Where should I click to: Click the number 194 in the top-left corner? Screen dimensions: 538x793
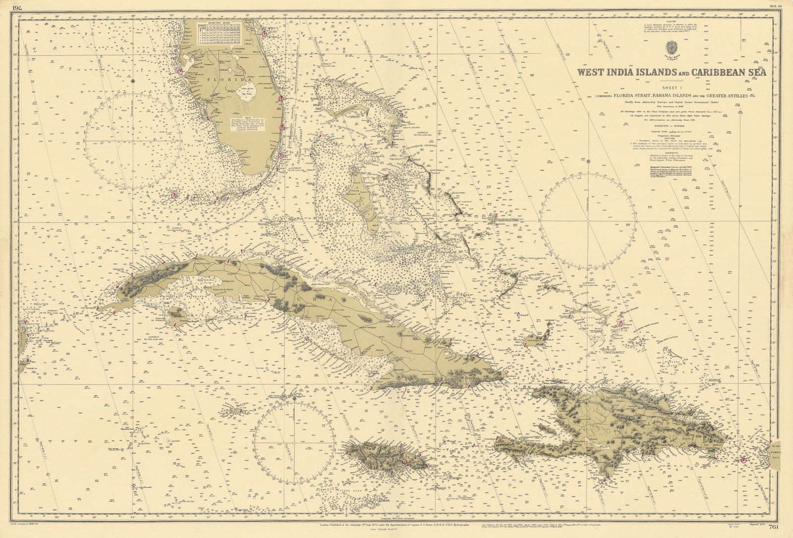coord(17,7)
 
